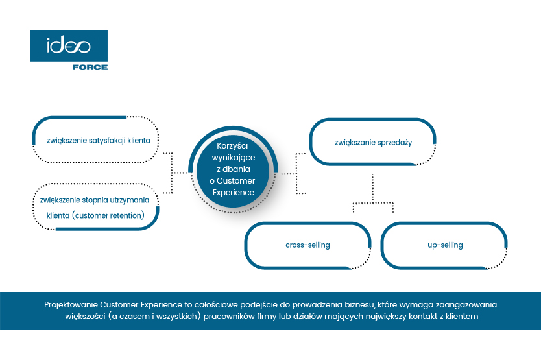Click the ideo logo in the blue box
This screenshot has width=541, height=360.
point(68,45)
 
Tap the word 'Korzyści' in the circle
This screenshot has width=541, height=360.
point(235,146)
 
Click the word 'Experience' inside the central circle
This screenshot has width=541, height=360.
point(235,193)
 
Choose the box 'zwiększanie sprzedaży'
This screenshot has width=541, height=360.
point(373,141)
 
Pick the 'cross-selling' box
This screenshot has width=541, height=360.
point(307,245)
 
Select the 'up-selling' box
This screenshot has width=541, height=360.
point(445,245)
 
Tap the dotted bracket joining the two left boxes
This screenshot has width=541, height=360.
point(171,173)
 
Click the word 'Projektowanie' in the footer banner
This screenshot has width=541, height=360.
point(71,304)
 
